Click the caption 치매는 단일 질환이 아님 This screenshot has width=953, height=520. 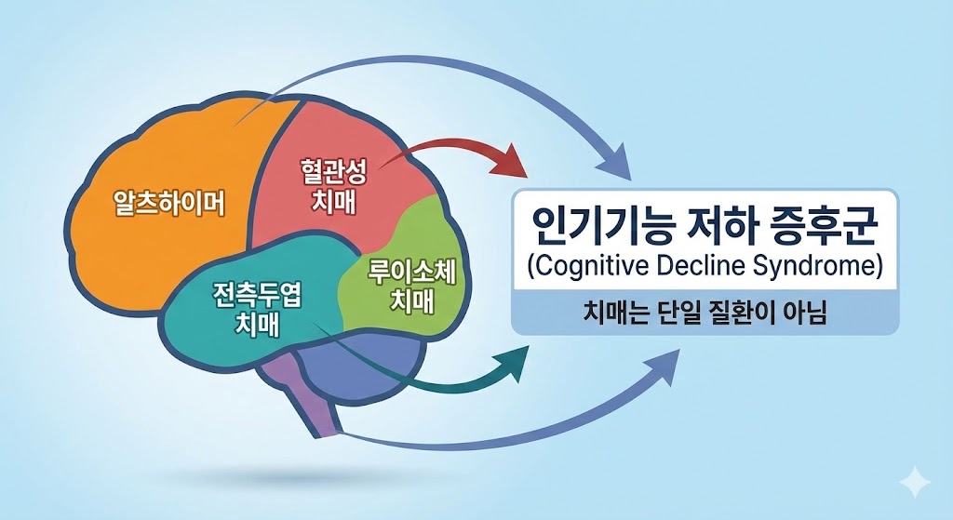(705, 316)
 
